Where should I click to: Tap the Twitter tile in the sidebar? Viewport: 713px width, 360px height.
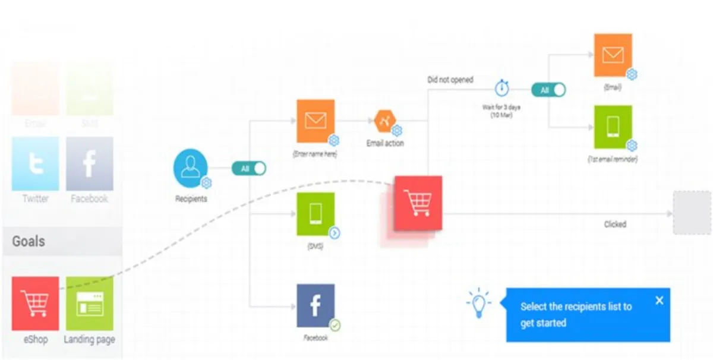(35, 164)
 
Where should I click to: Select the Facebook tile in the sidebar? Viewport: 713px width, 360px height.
(89, 164)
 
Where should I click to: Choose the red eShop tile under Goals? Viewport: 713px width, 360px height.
(35, 303)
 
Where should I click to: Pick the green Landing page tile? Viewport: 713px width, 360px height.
(89, 303)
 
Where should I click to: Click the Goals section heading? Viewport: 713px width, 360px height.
(29, 242)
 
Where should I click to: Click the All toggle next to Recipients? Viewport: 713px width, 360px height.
(249, 169)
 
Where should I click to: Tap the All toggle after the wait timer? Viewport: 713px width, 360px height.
(548, 90)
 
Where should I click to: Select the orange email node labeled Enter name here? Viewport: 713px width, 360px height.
(316, 121)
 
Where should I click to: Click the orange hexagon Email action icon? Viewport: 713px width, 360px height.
(385, 121)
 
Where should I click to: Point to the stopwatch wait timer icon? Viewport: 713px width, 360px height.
(502, 89)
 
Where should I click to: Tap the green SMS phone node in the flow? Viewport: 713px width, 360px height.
(316, 214)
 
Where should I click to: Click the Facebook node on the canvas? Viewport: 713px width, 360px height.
(316, 306)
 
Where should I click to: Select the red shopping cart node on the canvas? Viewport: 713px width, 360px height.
(418, 203)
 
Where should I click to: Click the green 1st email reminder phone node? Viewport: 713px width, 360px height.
(613, 127)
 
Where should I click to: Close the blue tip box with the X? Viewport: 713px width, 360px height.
(659, 301)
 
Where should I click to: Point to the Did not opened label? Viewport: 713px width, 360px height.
(450, 80)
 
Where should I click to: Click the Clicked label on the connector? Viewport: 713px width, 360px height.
(615, 225)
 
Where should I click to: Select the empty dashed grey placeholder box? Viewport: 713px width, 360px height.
(692, 212)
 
